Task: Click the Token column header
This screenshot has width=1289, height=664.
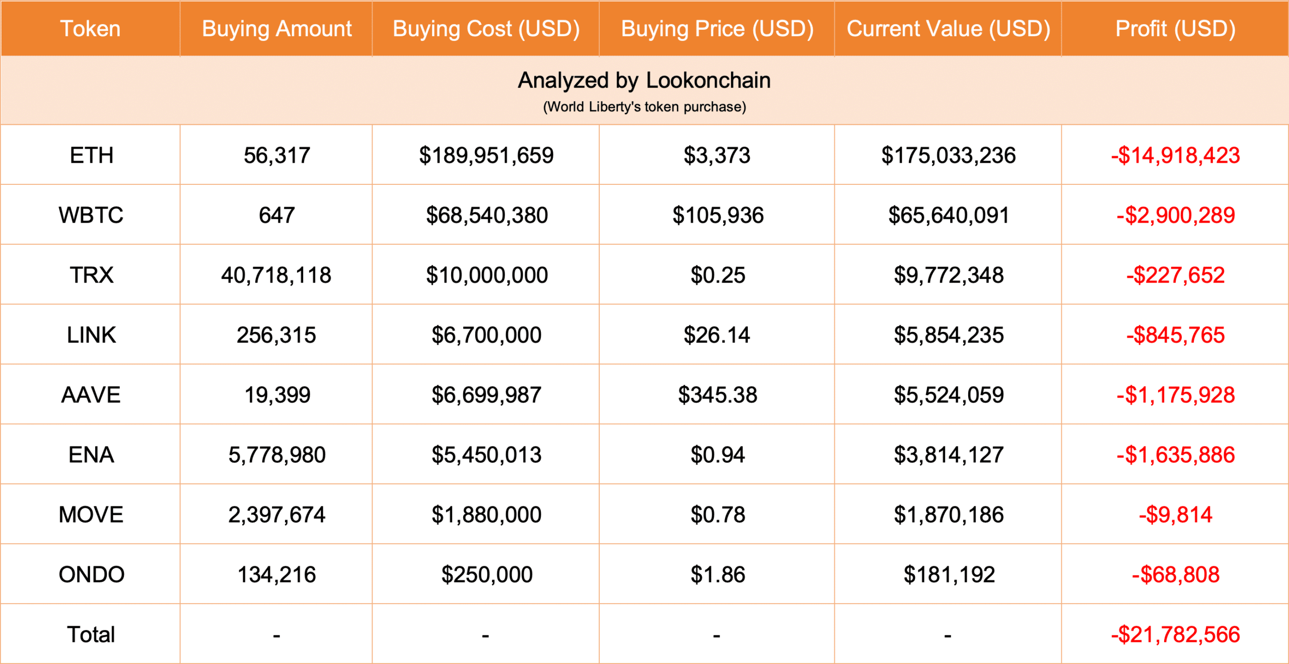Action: coord(91,29)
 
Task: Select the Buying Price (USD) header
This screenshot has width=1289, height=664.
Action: coord(717,29)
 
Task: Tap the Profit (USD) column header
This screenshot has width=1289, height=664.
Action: coord(1175,29)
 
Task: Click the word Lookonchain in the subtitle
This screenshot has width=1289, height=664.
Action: coord(708,81)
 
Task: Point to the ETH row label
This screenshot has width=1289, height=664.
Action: coord(91,155)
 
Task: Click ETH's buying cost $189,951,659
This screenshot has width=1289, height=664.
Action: coord(486,155)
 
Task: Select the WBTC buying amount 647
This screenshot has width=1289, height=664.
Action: coord(276,215)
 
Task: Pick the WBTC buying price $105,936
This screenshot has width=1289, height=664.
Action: coord(718,215)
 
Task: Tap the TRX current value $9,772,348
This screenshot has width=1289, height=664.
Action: coord(948,275)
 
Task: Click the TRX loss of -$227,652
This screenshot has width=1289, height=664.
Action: coord(1175,275)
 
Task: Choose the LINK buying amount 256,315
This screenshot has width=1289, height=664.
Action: coord(276,335)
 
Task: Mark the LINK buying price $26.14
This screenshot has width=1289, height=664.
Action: coord(717,335)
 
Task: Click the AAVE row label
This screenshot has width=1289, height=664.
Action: coord(91,395)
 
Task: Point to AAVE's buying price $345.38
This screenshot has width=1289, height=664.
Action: coord(717,395)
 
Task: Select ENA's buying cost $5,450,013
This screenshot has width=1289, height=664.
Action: coord(486,455)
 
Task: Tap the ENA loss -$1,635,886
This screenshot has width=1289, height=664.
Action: coord(1175,455)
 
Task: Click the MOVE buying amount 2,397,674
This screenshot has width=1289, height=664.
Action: coord(276,515)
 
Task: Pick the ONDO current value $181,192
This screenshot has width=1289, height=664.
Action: coord(949,575)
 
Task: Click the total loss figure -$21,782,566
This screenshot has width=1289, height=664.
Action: coord(1175,635)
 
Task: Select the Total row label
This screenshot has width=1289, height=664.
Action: coord(91,635)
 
